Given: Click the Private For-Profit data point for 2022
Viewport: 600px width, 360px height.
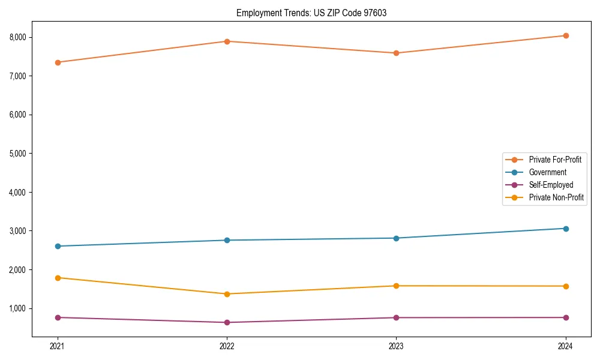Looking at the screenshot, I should click(x=227, y=41).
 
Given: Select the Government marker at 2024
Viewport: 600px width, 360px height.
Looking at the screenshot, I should click(x=566, y=229).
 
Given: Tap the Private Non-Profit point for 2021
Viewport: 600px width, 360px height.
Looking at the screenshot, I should click(x=58, y=278).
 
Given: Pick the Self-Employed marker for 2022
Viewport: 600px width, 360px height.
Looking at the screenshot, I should click(x=227, y=323).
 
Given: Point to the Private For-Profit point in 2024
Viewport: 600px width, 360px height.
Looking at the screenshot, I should click(x=566, y=35).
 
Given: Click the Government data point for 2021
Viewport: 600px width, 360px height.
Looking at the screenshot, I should click(x=58, y=246).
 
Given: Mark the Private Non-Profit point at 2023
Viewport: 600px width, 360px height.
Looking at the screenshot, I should click(x=396, y=286).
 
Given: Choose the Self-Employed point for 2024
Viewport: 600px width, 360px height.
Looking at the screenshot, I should click(x=566, y=317).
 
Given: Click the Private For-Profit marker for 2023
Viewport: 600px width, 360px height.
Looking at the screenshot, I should click(x=396, y=53).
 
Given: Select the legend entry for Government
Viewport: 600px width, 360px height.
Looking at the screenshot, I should click(x=547, y=172).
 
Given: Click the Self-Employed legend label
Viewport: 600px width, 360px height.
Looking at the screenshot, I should click(x=551, y=185).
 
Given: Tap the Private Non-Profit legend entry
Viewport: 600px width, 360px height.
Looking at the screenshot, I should click(x=556, y=197).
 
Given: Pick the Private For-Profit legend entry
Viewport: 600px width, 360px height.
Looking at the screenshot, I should click(x=555, y=160).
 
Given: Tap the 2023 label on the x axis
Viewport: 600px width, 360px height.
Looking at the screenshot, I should click(x=396, y=346).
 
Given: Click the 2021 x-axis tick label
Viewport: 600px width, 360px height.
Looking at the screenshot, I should click(x=58, y=346).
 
